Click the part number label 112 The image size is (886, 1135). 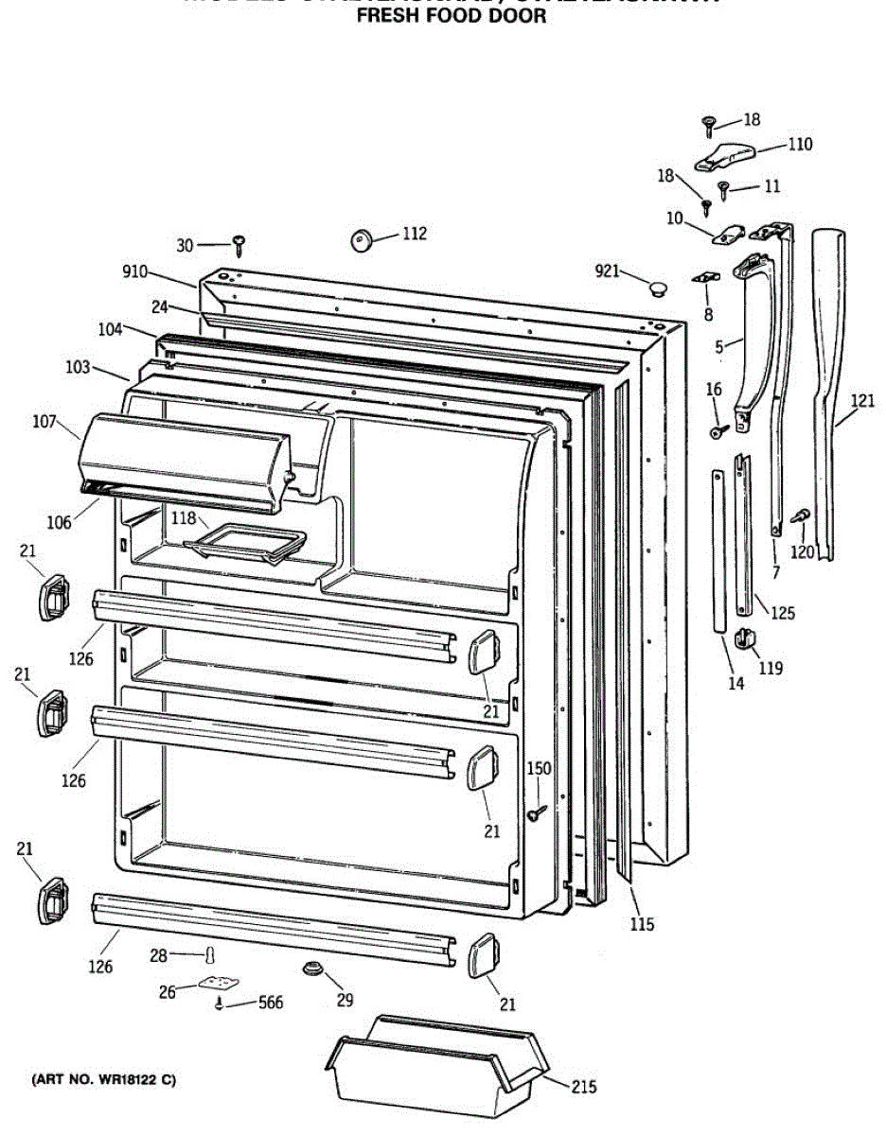point(414,234)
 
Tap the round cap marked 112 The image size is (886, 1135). point(361,240)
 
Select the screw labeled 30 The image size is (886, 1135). point(239,246)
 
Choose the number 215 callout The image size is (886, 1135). point(583,1087)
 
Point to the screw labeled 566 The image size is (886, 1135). point(221,1004)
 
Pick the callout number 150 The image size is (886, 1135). point(539,768)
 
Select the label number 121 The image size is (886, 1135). point(862,400)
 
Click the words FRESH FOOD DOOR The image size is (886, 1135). point(452,16)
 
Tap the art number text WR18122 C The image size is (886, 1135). point(104,1079)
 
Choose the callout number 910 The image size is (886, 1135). point(134,271)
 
